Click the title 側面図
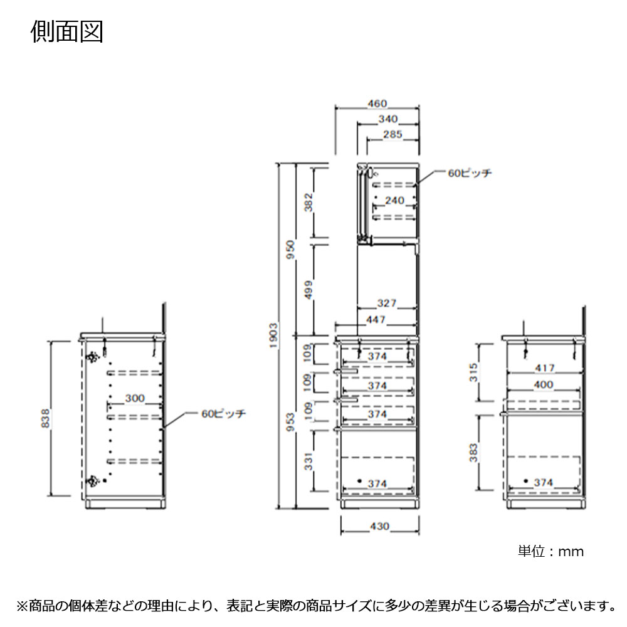click(x=67, y=32)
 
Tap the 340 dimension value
click(x=388, y=119)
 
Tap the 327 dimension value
click(x=387, y=303)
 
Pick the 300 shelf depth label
click(x=135, y=398)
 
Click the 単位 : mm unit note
click(x=551, y=552)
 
